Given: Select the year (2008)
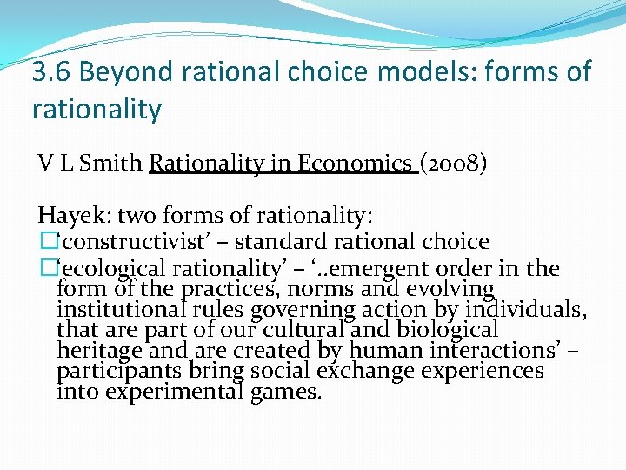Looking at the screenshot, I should (453, 163).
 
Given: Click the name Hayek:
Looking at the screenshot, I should (73, 215).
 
